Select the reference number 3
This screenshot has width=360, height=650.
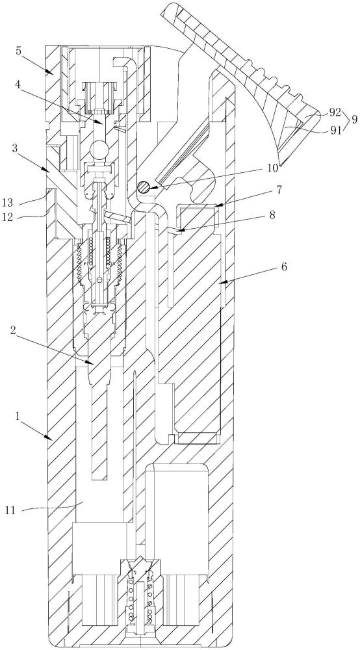click(16, 148)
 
